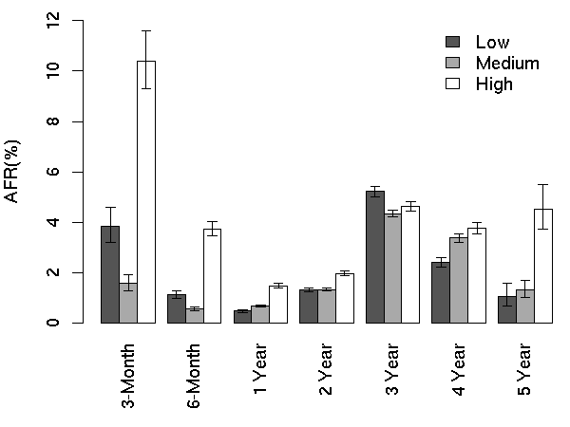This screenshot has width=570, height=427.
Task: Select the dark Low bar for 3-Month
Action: tap(110, 274)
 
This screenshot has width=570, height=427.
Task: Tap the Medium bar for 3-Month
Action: tap(128, 303)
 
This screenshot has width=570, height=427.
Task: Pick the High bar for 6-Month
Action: tap(212, 275)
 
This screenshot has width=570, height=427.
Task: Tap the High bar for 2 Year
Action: tap(345, 298)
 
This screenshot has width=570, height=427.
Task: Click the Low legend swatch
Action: tap(453, 42)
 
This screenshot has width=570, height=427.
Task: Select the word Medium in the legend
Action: tap(507, 64)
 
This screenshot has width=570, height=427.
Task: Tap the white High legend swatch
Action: tap(453, 84)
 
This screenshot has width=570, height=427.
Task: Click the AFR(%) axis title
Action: tap(16, 171)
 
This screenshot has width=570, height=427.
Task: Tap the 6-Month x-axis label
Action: tap(195, 377)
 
